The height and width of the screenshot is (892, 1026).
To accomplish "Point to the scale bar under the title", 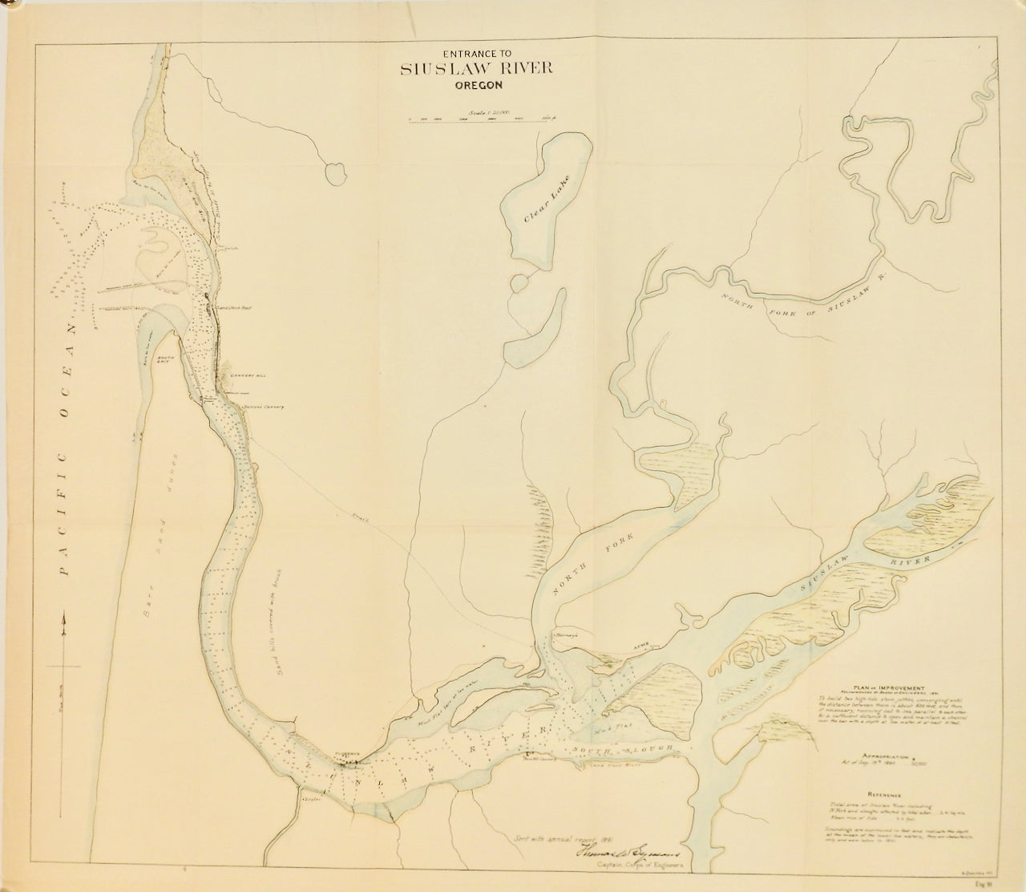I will [483, 120].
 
